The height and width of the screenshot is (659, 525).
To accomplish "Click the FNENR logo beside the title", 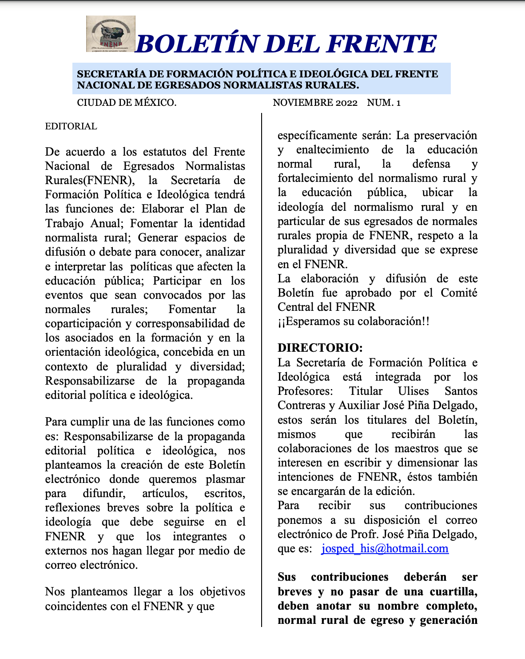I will pyautogui.click(x=111, y=34).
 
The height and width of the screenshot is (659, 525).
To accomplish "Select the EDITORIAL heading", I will pyautogui.click(x=71, y=126).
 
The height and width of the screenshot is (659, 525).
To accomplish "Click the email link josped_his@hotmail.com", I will pyautogui.click(x=385, y=548).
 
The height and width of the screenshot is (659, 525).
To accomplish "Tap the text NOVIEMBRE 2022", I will pyautogui.click(x=315, y=103).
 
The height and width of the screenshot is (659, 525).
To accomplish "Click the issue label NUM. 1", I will pyautogui.click(x=384, y=103).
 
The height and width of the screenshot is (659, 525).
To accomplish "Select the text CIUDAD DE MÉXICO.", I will pyautogui.click(x=127, y=103).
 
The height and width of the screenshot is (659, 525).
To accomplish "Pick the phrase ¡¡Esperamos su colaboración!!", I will pyautogui.click(x=354, y=321).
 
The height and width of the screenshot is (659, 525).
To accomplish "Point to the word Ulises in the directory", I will pyautogui.click(x=414, y=391).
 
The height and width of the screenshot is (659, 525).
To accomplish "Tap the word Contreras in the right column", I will pyautogui.click(x=302, y=405).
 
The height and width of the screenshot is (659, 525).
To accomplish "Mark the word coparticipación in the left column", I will pyautogui.click(x=83, y=323).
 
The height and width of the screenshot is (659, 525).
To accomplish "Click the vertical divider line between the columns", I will pyautogui.click(x=262, y=369).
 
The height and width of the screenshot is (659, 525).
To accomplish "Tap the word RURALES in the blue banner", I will pyautogui.click(x=330, y=85).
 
